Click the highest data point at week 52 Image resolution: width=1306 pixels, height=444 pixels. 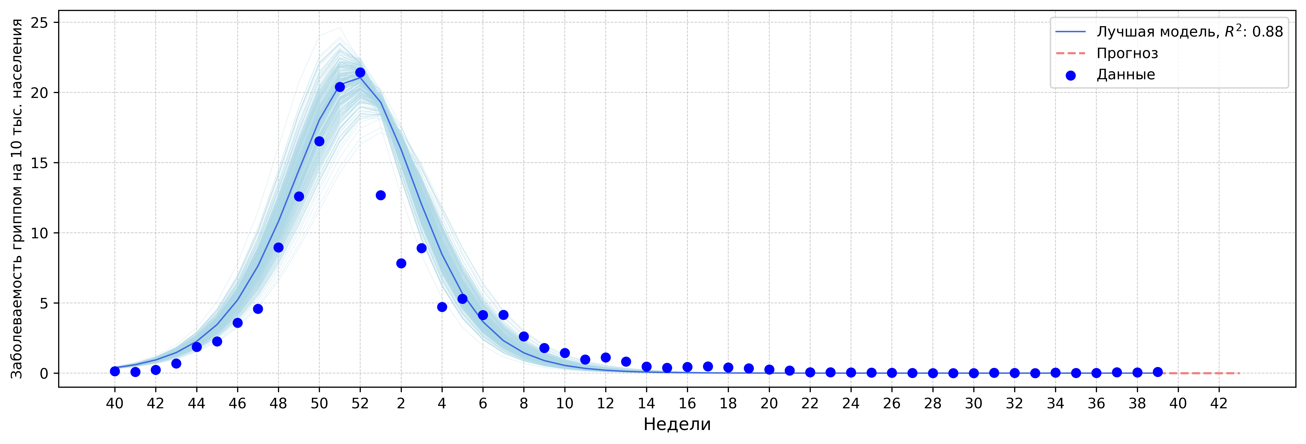tap(360, 72)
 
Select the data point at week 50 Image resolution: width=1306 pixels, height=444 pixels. tap(319, 141)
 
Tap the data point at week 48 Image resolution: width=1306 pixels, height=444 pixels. tap(278, 247)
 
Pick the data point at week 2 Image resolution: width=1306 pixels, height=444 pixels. tap(401, 263)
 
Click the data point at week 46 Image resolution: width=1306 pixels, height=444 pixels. tap(237, 323)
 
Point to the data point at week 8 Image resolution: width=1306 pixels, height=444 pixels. tap(524, 337)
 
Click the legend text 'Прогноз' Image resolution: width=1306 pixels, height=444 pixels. tap(1127, 53)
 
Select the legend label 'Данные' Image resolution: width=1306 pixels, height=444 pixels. tap(1125, 74)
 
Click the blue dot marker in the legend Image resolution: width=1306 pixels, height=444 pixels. tap(1070, 76)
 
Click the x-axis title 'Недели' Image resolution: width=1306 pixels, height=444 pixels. tap(677, 424)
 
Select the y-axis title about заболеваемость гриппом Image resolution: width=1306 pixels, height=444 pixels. tap(17, 199)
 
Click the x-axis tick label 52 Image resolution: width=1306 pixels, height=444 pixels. tap(360, 403)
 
